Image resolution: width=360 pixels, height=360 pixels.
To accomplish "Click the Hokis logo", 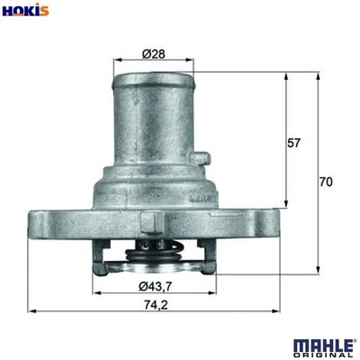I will coord(24,11).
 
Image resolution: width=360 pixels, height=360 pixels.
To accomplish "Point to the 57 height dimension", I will coord(294,142).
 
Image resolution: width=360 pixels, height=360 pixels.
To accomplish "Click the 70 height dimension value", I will coord(326,182).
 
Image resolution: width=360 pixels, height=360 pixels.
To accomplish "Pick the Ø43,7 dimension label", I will coord(154,287).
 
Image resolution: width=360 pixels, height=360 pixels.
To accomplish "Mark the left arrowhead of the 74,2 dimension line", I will coord(32,312).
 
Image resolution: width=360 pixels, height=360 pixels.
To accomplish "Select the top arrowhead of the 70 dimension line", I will coord(318,76).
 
